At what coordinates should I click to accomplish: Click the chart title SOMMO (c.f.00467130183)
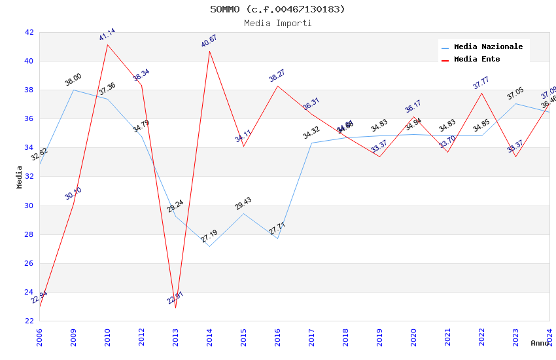click(277, 9)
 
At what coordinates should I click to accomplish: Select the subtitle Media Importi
click(277, 24)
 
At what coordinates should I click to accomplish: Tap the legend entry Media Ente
click(477, 60)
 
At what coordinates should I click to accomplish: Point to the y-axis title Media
click(20, 177)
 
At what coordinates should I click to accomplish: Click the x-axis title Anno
click(540, 343)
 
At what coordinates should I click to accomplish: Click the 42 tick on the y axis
click(29, 32)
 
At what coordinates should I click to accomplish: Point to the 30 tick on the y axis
click(29, 206)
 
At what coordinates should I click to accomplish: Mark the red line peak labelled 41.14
click(107, 45)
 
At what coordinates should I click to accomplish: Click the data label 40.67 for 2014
click(209, 41)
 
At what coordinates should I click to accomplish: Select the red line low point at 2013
click(175, 308)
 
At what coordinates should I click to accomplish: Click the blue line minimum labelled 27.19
click(209, 246)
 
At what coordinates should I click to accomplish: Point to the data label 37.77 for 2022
click(481, 83)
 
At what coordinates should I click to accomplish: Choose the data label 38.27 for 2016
click(277, 76)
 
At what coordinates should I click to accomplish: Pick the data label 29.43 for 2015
click(243, 204)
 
